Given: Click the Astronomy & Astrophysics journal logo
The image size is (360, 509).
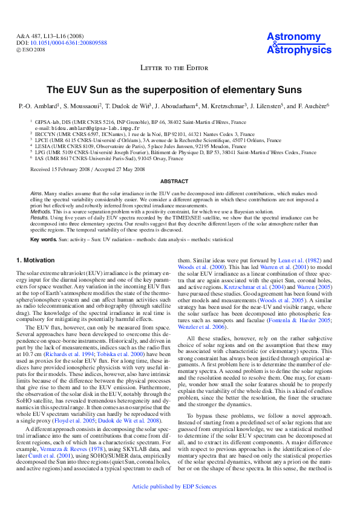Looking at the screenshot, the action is click(x=296, y=44).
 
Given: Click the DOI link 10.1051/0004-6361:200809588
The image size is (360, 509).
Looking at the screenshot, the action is click(x=68, y=43).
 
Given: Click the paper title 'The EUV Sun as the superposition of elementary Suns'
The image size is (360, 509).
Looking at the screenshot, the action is click(x=179, y=90).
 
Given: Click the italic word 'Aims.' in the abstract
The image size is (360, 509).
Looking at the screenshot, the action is click(x=37, y=192).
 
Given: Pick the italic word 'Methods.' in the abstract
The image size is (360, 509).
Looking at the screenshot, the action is click(x=41, y=212).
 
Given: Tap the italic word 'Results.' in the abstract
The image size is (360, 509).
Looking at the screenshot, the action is click(x=40, y=217).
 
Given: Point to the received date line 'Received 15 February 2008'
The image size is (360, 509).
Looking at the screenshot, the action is click(x=62, y=170).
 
